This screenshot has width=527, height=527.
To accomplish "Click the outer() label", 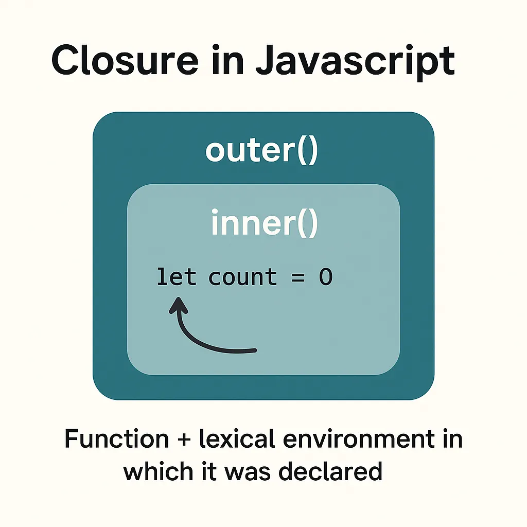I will click(x=262, y=150).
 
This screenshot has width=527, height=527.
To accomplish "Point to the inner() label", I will click(x=265, y=223).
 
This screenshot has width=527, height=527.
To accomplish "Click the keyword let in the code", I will click(x=176, y=277).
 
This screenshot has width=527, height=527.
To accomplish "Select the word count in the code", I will click(x=242, y=278).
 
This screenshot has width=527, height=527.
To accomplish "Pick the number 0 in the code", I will click(x=325, y=277).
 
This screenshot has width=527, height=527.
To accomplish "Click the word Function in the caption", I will click(x=116, y=440).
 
